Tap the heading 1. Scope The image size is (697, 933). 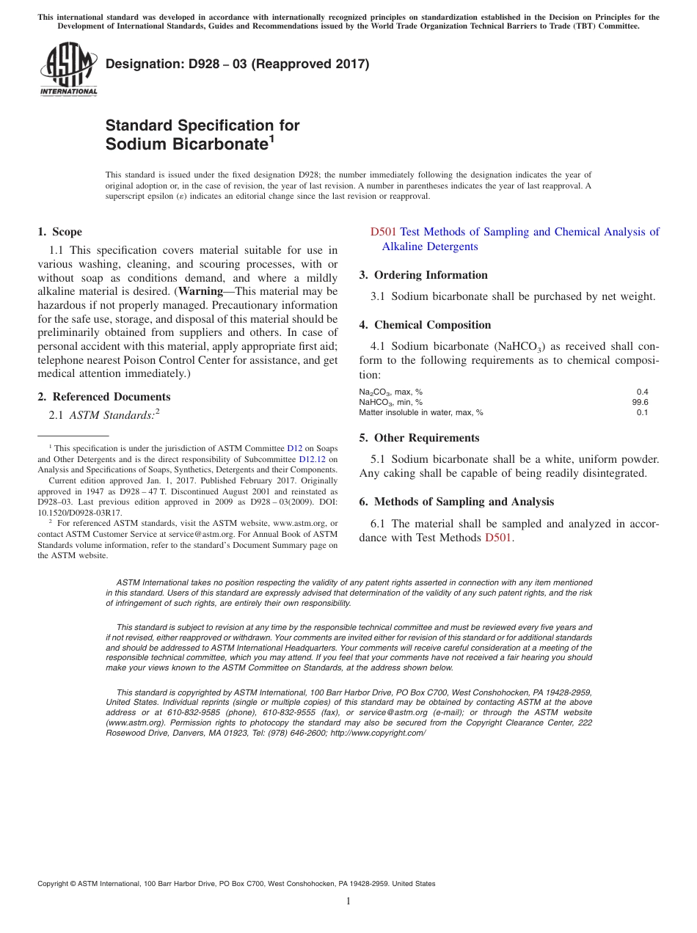coord(59,232)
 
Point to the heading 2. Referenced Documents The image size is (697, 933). coord(103,397)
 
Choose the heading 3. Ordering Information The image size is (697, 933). coord(423,275)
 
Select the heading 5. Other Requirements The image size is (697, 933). coord(419,438)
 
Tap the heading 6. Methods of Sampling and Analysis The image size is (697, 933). coord(456,502)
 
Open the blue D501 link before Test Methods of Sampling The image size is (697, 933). coord(383,232)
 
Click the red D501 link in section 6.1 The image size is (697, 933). coord(498,538)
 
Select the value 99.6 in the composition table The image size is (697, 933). coord(640,402)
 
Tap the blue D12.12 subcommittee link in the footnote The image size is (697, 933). coord(312,459)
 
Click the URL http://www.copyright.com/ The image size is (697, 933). coord(378,733)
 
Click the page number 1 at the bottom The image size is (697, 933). coord(348,901)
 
